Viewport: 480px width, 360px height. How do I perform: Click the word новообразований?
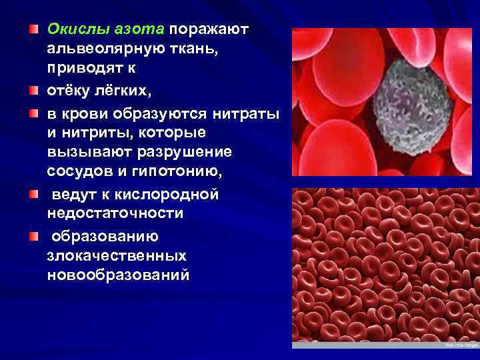[118, 275]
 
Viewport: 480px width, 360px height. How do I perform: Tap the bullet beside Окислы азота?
[33, 30]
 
